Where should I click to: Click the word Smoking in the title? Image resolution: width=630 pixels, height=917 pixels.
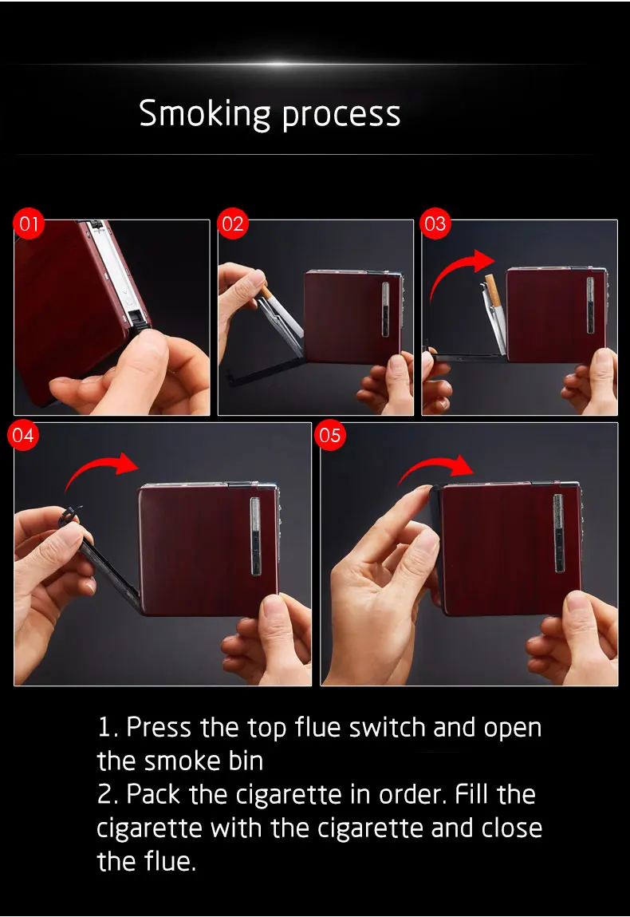coord(204,113)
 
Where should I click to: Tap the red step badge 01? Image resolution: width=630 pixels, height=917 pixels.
coord(29,223)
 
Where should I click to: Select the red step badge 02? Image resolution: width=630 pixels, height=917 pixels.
coord(232,223)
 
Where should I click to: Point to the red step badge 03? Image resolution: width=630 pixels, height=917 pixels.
coord(435,223)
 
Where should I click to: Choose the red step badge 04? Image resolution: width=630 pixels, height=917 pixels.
coord(23,435)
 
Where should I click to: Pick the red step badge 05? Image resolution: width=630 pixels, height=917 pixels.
coord(329,435)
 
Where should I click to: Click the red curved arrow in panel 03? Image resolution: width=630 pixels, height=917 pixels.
coord(450,269)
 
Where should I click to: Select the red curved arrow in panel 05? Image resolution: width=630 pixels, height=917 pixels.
coord(435,463)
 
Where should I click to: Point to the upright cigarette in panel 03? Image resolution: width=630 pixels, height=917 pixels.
coord(492,291)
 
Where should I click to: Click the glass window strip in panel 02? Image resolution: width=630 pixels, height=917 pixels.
coord(386,310)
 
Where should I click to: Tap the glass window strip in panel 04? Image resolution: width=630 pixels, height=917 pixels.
coord(255,535)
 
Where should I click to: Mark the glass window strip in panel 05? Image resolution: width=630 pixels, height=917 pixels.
coord(559,533)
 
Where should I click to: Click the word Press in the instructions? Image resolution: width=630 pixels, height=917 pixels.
coord(159,728)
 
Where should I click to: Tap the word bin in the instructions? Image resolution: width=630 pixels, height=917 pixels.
coord(246,761)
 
